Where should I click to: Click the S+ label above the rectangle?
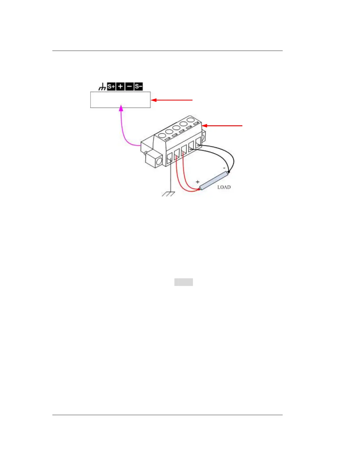coord(111,86)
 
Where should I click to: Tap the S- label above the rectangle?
coord(139,86)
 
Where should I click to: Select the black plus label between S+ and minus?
coord(120,86)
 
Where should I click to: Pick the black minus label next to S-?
coord(129,86)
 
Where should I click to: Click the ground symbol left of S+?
coord(102,87)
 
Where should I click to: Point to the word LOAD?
coord(224,187)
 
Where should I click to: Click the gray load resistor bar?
coord(214,181)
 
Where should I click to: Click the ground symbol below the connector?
coord(169,194)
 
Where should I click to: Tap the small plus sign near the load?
coord(197,182)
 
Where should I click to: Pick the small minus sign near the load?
coord(224,168)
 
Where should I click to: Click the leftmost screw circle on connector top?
coord(162,136)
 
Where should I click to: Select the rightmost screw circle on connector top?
coord(191,120)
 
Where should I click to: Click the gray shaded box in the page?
coord(184,282)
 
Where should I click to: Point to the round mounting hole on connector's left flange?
coord(159,162)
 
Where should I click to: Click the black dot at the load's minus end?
coord(229,172)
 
